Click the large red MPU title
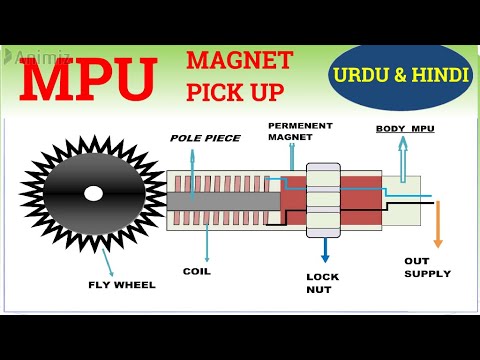tap(88, 81)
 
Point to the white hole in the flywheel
tap(93, 192)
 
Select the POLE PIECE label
tap(204, 137)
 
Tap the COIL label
tap(197, 270)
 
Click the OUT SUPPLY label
tap(427, 267)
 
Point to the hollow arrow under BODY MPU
tap(402, 156)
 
